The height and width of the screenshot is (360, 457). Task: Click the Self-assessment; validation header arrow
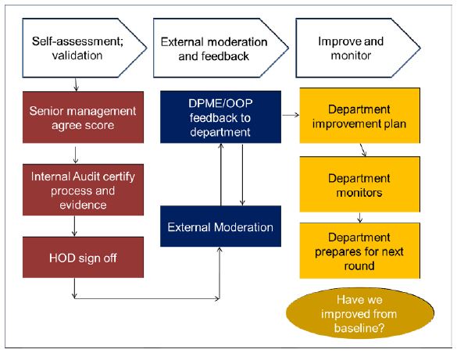(x=84, y=48)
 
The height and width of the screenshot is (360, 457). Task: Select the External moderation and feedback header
(x=220, y=48)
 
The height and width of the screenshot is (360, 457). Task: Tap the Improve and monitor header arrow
(x=358, y=48)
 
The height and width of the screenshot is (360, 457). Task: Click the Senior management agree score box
(x=83, y=117)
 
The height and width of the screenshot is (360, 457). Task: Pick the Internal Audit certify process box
(x=83, y=190)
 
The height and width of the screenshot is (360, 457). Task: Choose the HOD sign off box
(x=83, y=257)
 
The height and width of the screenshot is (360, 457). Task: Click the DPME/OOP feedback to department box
(x=220, y=117)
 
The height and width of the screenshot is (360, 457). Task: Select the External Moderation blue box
(x=220, y=226)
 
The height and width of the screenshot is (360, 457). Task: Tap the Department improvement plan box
(x=360, y=116)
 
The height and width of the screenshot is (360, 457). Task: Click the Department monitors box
(x=360, y=184)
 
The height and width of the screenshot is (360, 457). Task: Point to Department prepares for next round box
(x=360, y=251)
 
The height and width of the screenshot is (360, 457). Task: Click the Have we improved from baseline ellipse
(x=360, y=313)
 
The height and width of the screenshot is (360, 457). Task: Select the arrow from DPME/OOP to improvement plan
(x=291, y=115)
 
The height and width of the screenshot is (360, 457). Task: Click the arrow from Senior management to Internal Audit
(x=76, y=155)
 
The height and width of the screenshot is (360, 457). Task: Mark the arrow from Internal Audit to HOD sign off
(x=75, y=226)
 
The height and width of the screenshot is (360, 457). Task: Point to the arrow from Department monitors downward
(x=359, y=218)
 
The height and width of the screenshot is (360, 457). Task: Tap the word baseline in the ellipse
(x=359, y=328)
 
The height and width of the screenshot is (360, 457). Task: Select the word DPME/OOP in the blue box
(x=220, y=103)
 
